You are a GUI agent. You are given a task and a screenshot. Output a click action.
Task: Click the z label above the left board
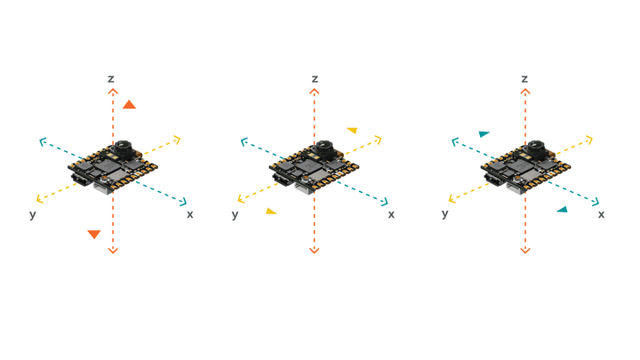pyautogui.click(x=111, y=79)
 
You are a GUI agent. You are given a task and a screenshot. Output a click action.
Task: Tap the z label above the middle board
pyautogui.click(x=315, y=79)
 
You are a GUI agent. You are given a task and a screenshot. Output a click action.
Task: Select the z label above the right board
pyautogui.click(x=524, y=79)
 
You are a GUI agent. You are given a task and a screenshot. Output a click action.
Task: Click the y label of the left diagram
pyautogui.click(x=33, y=214)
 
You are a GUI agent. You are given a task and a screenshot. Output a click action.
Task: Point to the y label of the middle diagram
pyautogui.click(x=236, y=214)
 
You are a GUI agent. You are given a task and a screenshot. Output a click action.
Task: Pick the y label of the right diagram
pyautogui.click(x=445, y=214)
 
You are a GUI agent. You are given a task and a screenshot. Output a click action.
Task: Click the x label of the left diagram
pyautogui.click(x=189, y=214)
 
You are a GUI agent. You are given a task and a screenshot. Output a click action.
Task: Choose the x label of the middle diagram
pyautogui.click(x=391, y=214)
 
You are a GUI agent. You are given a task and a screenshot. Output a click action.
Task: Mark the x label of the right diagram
pyautogui.click(x=601, y=214)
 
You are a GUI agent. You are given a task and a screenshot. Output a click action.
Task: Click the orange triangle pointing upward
pyautogui.click(x=129, y=105)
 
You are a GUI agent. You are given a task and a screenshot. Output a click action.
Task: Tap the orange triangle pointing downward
pyautogui.click(x=93, y=234)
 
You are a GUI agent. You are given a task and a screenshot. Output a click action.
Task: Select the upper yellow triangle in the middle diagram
pyautogui.click(x=352, y=131)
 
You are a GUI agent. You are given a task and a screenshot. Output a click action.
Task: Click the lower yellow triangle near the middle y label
pyautogui.click(x=271, y=212)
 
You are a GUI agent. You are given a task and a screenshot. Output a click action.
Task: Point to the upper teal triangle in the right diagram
pyautogui.click(x=484, y=134)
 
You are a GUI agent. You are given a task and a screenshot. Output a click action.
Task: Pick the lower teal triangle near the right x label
pyautogui.click(x=562, y=210)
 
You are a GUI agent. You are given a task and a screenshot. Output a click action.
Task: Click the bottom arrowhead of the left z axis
pyautogui.click(x=113, y=251)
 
